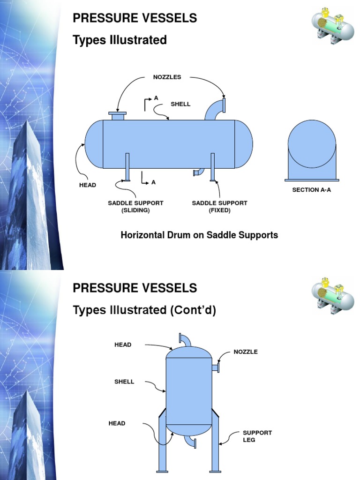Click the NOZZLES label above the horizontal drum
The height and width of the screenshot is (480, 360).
pos(167,77)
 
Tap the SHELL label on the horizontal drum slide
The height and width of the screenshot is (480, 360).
pos(180,104)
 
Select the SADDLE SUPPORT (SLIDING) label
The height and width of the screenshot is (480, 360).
pos(135,207)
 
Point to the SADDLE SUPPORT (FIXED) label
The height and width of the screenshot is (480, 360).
pos(219,207)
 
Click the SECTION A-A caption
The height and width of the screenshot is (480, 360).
pos(311,190)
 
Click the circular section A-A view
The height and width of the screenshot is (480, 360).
pos(312,143)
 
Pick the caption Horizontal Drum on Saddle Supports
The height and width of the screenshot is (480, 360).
pos(199,235)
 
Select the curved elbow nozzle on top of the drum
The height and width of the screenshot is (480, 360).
pos(217,109)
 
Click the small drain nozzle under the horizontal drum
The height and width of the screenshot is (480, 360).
pos(198,172)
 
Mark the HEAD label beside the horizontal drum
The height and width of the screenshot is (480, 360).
pos(87,185)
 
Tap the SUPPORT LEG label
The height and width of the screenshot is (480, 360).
pos(257,436)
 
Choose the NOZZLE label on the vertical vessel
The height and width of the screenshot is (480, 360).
pos(246,352)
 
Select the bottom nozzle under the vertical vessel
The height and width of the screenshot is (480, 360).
pos(191,441)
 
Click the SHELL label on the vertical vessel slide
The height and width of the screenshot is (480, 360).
pos(124,382)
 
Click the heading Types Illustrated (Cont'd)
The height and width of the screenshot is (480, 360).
pos(144,310)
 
